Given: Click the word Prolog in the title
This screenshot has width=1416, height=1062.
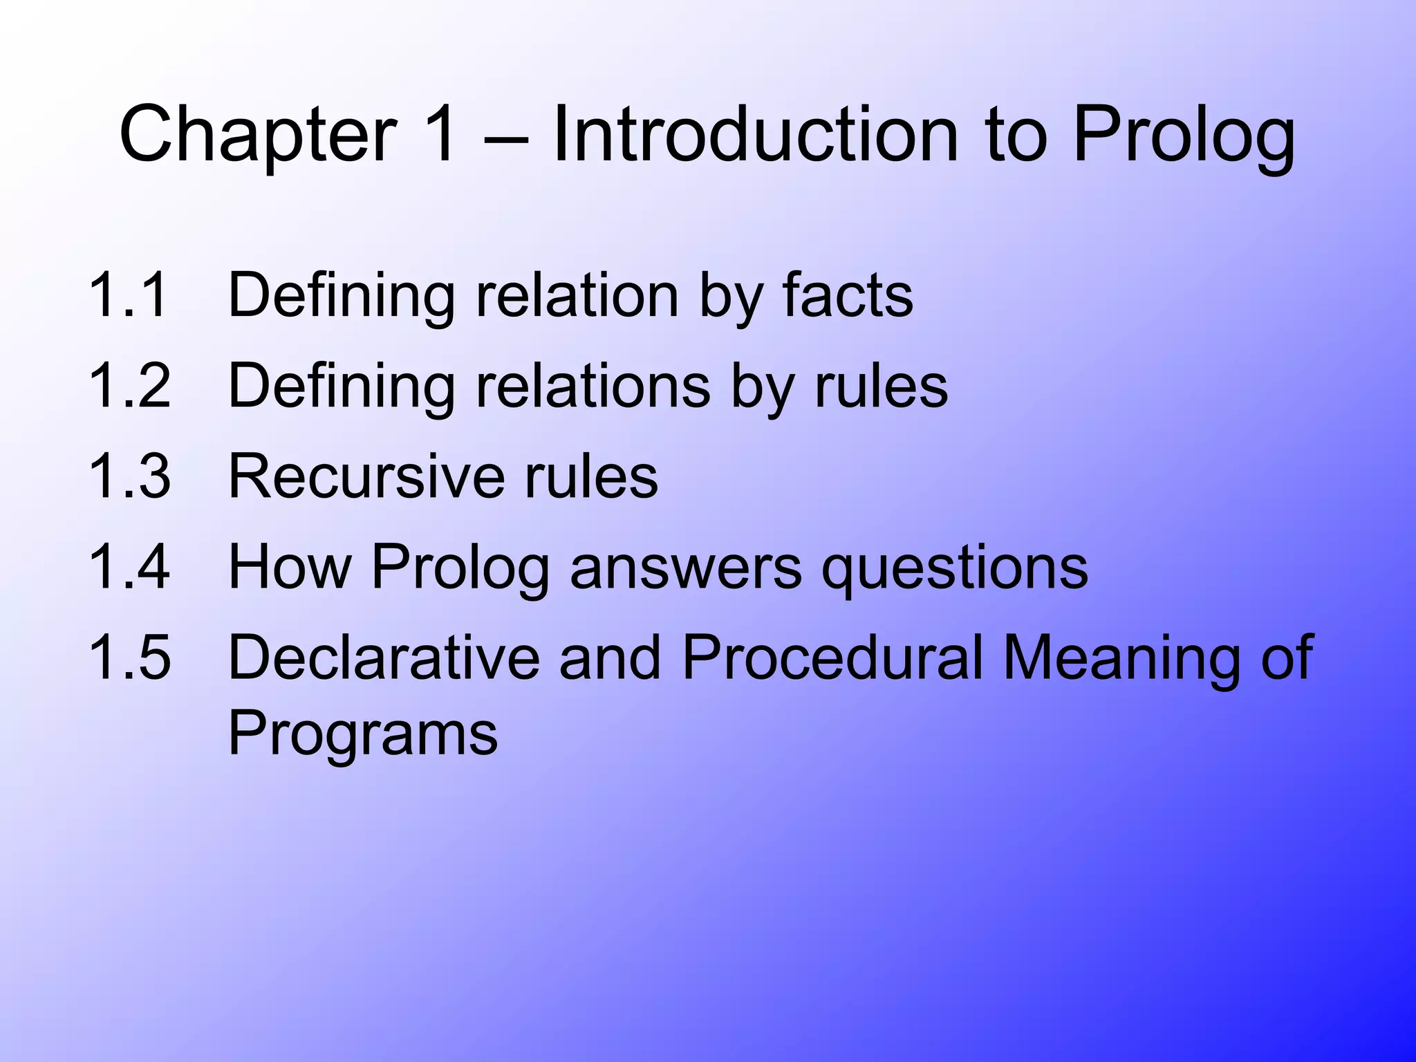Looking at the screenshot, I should tap(1183, 136).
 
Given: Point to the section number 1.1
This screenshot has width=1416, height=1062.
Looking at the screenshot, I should tap(129, 295).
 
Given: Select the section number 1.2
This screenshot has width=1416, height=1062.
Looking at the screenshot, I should tap(129, 386).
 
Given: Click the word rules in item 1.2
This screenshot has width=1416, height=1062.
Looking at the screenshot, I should tap(881, 386).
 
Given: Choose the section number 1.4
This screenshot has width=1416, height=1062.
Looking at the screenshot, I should tap(129, 566).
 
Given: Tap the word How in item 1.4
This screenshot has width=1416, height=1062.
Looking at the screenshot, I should tap(290, 566).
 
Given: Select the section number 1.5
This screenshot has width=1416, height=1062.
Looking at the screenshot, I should tap(129, 657).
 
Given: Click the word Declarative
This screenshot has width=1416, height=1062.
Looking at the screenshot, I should tap(384, 657).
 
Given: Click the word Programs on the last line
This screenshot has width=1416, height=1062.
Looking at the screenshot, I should tap(362, 734).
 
